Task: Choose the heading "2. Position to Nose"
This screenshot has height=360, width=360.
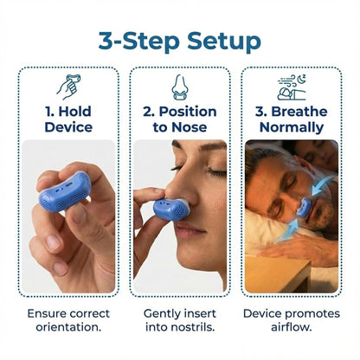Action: point(180,120)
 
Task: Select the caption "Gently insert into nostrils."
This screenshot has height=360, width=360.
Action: point(180,321)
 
